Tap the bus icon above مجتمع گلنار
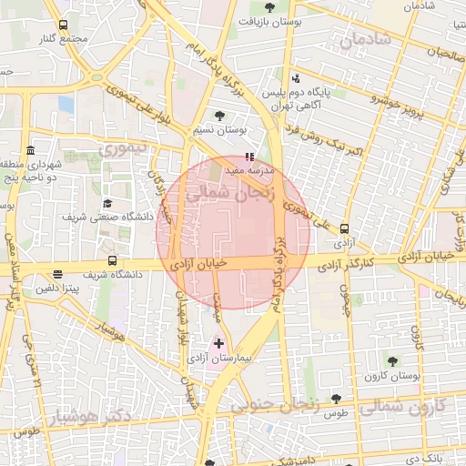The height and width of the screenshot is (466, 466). pyautogui.click(x=63, y=25)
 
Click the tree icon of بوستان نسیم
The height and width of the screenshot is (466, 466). pyautogui.click(x=219, y=116)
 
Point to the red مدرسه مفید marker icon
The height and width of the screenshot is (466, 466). pyautogui.click(x=250, y=156)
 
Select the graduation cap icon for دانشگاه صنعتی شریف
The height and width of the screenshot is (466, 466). pyautogui.click(x=107, y=203)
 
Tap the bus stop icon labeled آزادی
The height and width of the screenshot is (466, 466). pyautogui.click(x=344, y=229)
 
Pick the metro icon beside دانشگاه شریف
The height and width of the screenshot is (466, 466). pyautogui.click(x=58, y=273)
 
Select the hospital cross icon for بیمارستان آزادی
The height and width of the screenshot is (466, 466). pyautogui.click(x=217, y=343)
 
